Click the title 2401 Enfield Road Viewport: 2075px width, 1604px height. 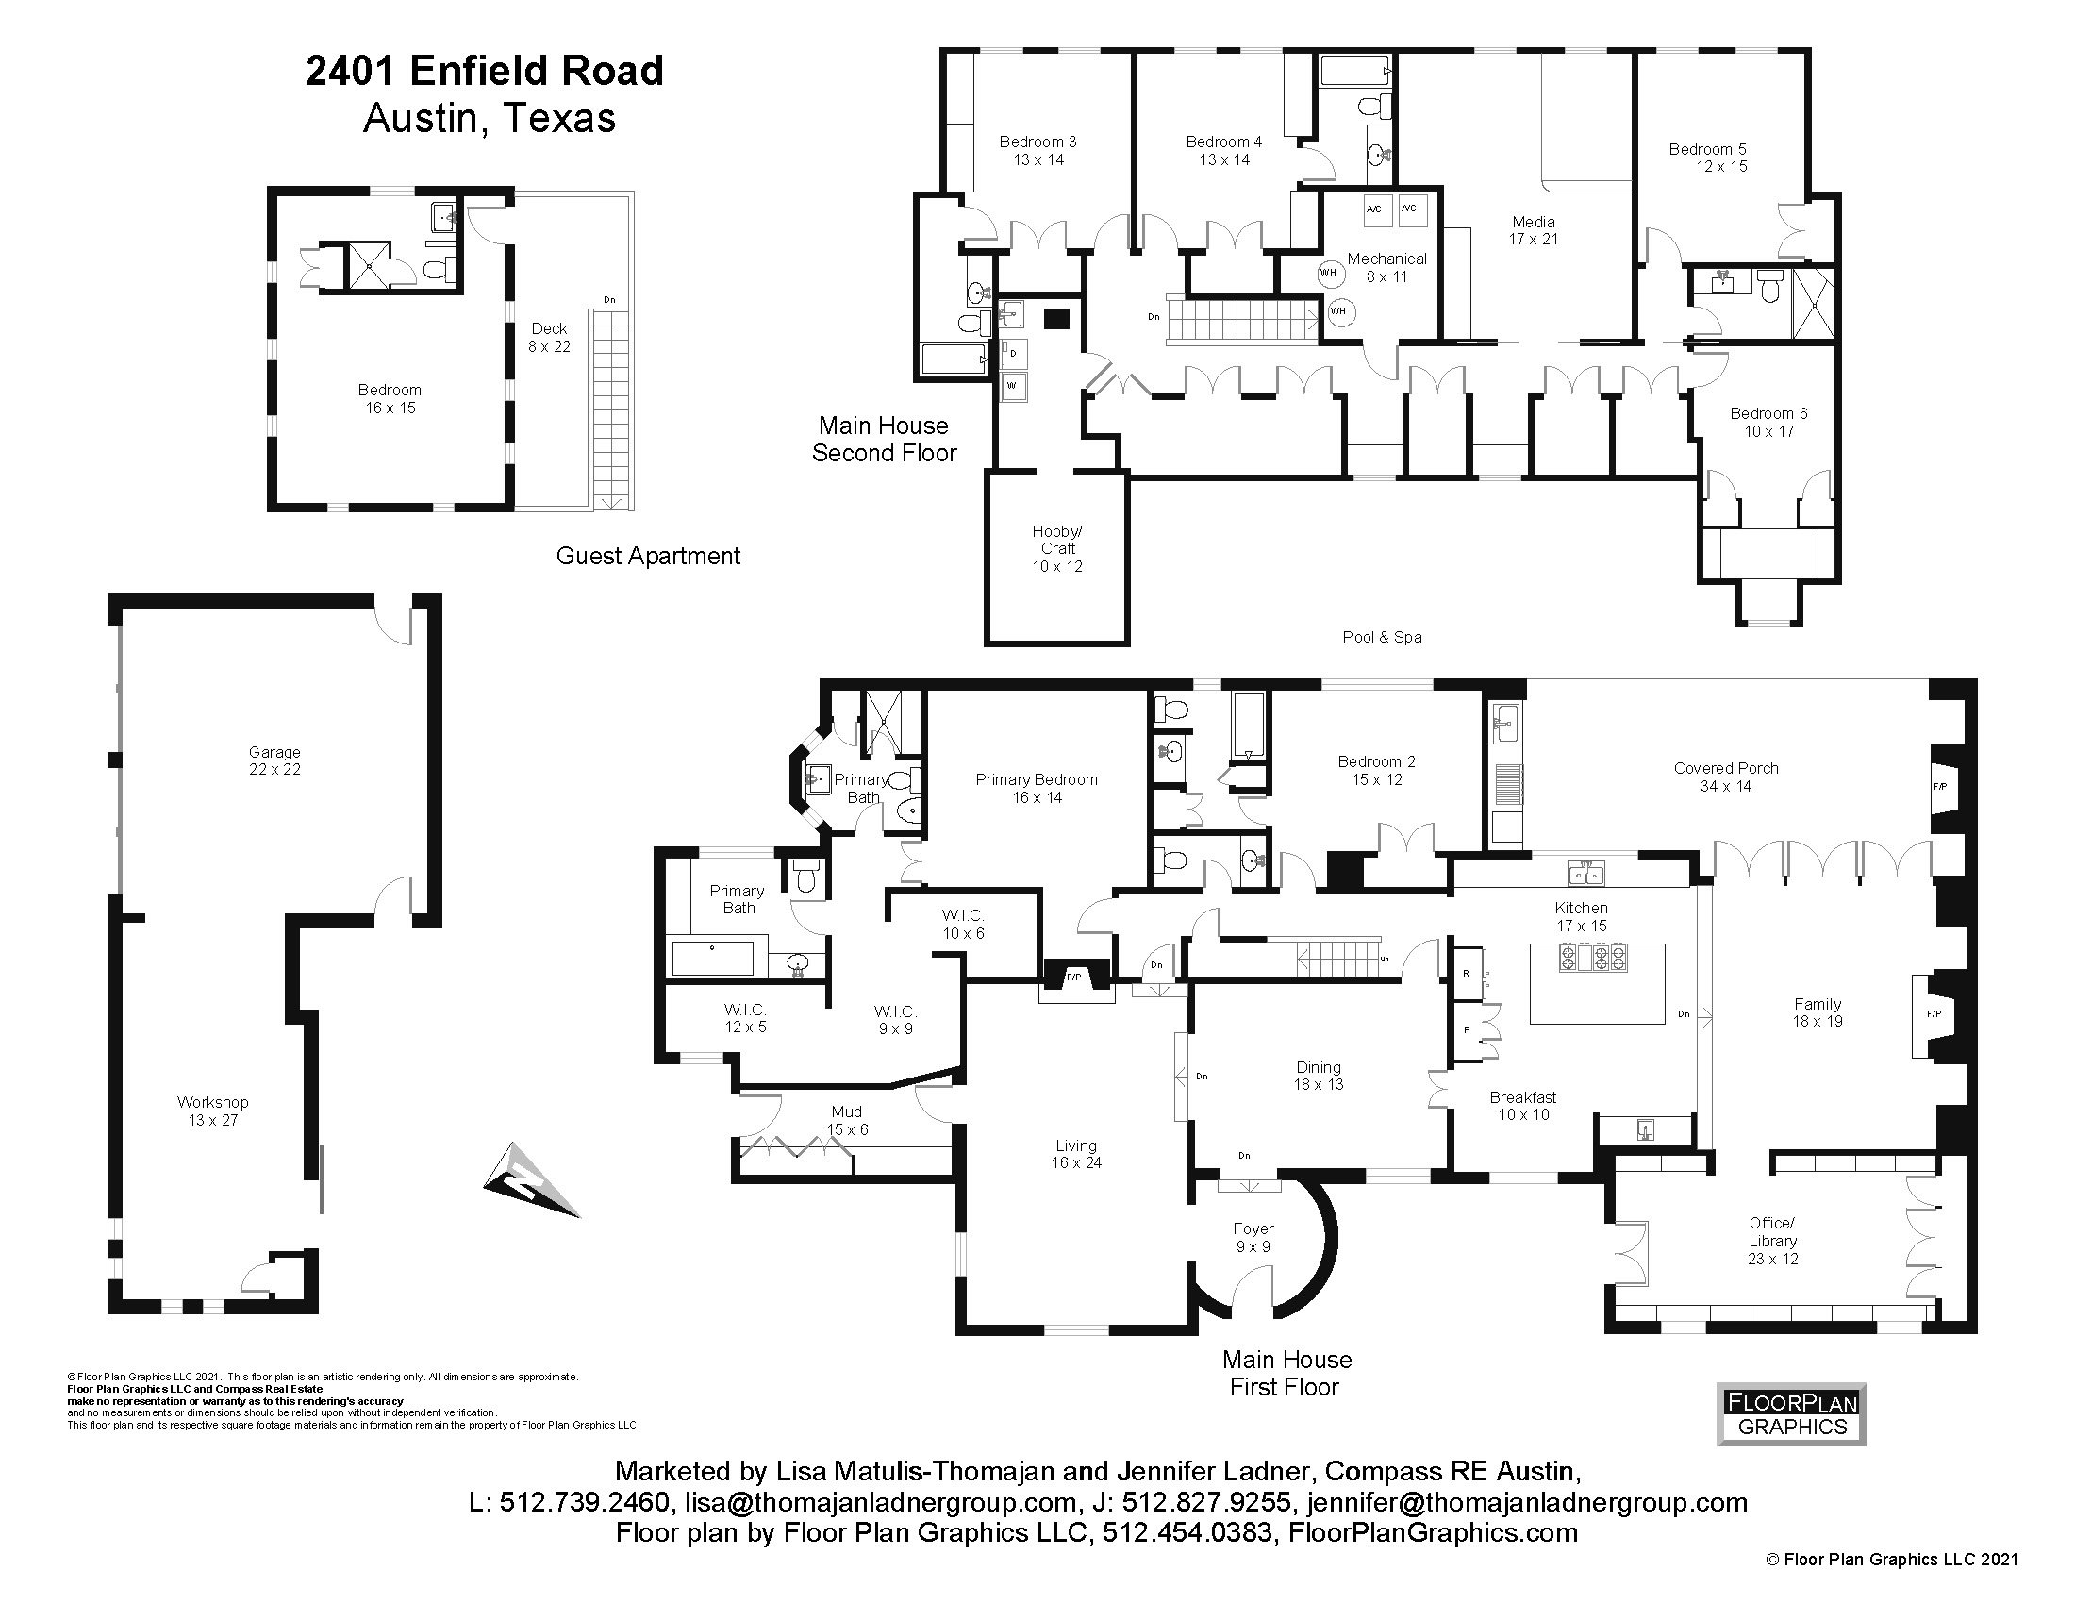(x=485, y=72)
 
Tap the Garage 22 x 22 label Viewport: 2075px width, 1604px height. (x=274, y=761)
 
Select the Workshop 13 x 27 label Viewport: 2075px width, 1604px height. (x=213, y=1111)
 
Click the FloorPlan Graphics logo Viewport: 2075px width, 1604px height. (x=1791, y=1414)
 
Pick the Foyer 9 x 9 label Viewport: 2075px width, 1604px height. (x=1253, y=1238)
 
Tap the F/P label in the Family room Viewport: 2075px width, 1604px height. (x=1934, y=1014)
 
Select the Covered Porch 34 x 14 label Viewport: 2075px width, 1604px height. (x=1725, y=777)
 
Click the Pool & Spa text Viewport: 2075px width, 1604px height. (x=1382, y=638)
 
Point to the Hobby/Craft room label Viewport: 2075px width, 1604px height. (x=1057, y=549)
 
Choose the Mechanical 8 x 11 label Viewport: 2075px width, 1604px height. (x=1386, y=267)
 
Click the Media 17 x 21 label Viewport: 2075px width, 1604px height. (x=1533, y=230)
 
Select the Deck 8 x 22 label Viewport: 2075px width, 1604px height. (x=549, y=338)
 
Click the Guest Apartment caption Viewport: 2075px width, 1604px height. (x=648, y=556)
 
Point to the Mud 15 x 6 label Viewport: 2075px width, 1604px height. (x=847, y=1120)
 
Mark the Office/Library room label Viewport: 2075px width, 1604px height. (x=1772, y=1241)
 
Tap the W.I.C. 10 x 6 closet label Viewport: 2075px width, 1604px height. (x=962, y=924)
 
